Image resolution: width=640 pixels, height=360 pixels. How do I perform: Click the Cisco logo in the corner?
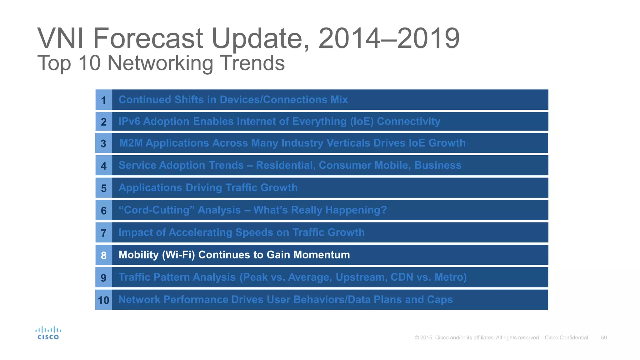[48, 333]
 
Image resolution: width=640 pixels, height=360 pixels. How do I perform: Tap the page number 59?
[604, 337]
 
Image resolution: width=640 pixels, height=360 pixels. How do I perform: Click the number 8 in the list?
[104, 255]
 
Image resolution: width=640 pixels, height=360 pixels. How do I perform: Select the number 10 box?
[103, 300]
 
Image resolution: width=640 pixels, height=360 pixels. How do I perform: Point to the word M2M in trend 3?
[131, 143]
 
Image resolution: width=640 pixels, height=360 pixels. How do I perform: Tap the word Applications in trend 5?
[150, 188]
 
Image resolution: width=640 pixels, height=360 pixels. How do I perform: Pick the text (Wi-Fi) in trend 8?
[178, 255]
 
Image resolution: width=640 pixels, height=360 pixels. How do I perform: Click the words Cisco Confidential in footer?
[566, 337]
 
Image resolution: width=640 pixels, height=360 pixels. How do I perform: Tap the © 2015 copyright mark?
[423, 337]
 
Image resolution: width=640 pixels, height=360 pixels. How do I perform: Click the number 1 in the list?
[104, 100]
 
